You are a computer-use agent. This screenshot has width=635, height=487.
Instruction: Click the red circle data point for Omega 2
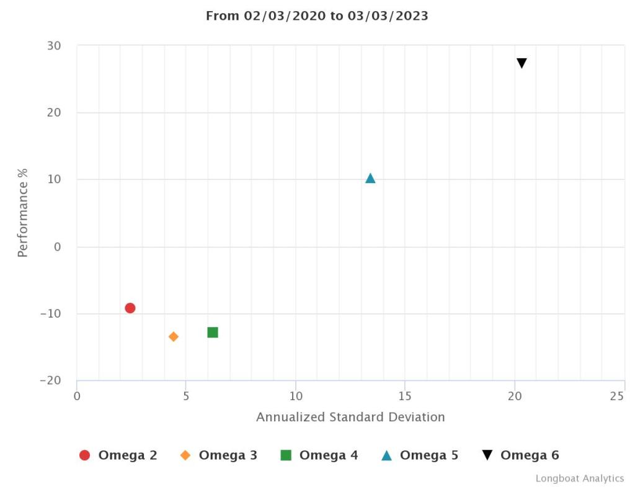(x=130, y=308)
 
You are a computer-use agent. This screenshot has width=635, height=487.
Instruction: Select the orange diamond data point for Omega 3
(x=174, y=336)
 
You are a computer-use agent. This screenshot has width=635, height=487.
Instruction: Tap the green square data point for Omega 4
(x=213, y=332)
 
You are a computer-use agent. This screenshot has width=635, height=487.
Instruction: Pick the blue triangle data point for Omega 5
(x=370, y=179)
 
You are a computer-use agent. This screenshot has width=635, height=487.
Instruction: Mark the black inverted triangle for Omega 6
(x=522, y=63)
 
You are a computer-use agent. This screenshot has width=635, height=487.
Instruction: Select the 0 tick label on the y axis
(x=57, y=247)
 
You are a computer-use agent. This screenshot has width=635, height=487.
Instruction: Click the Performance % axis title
(x=23, y=213)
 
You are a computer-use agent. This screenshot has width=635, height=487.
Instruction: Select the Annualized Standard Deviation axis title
(x=350, y=417)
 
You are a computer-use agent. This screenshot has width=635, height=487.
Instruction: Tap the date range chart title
(x=317, y=16)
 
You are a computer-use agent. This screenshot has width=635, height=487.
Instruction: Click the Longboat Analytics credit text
(x=579, y=478)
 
